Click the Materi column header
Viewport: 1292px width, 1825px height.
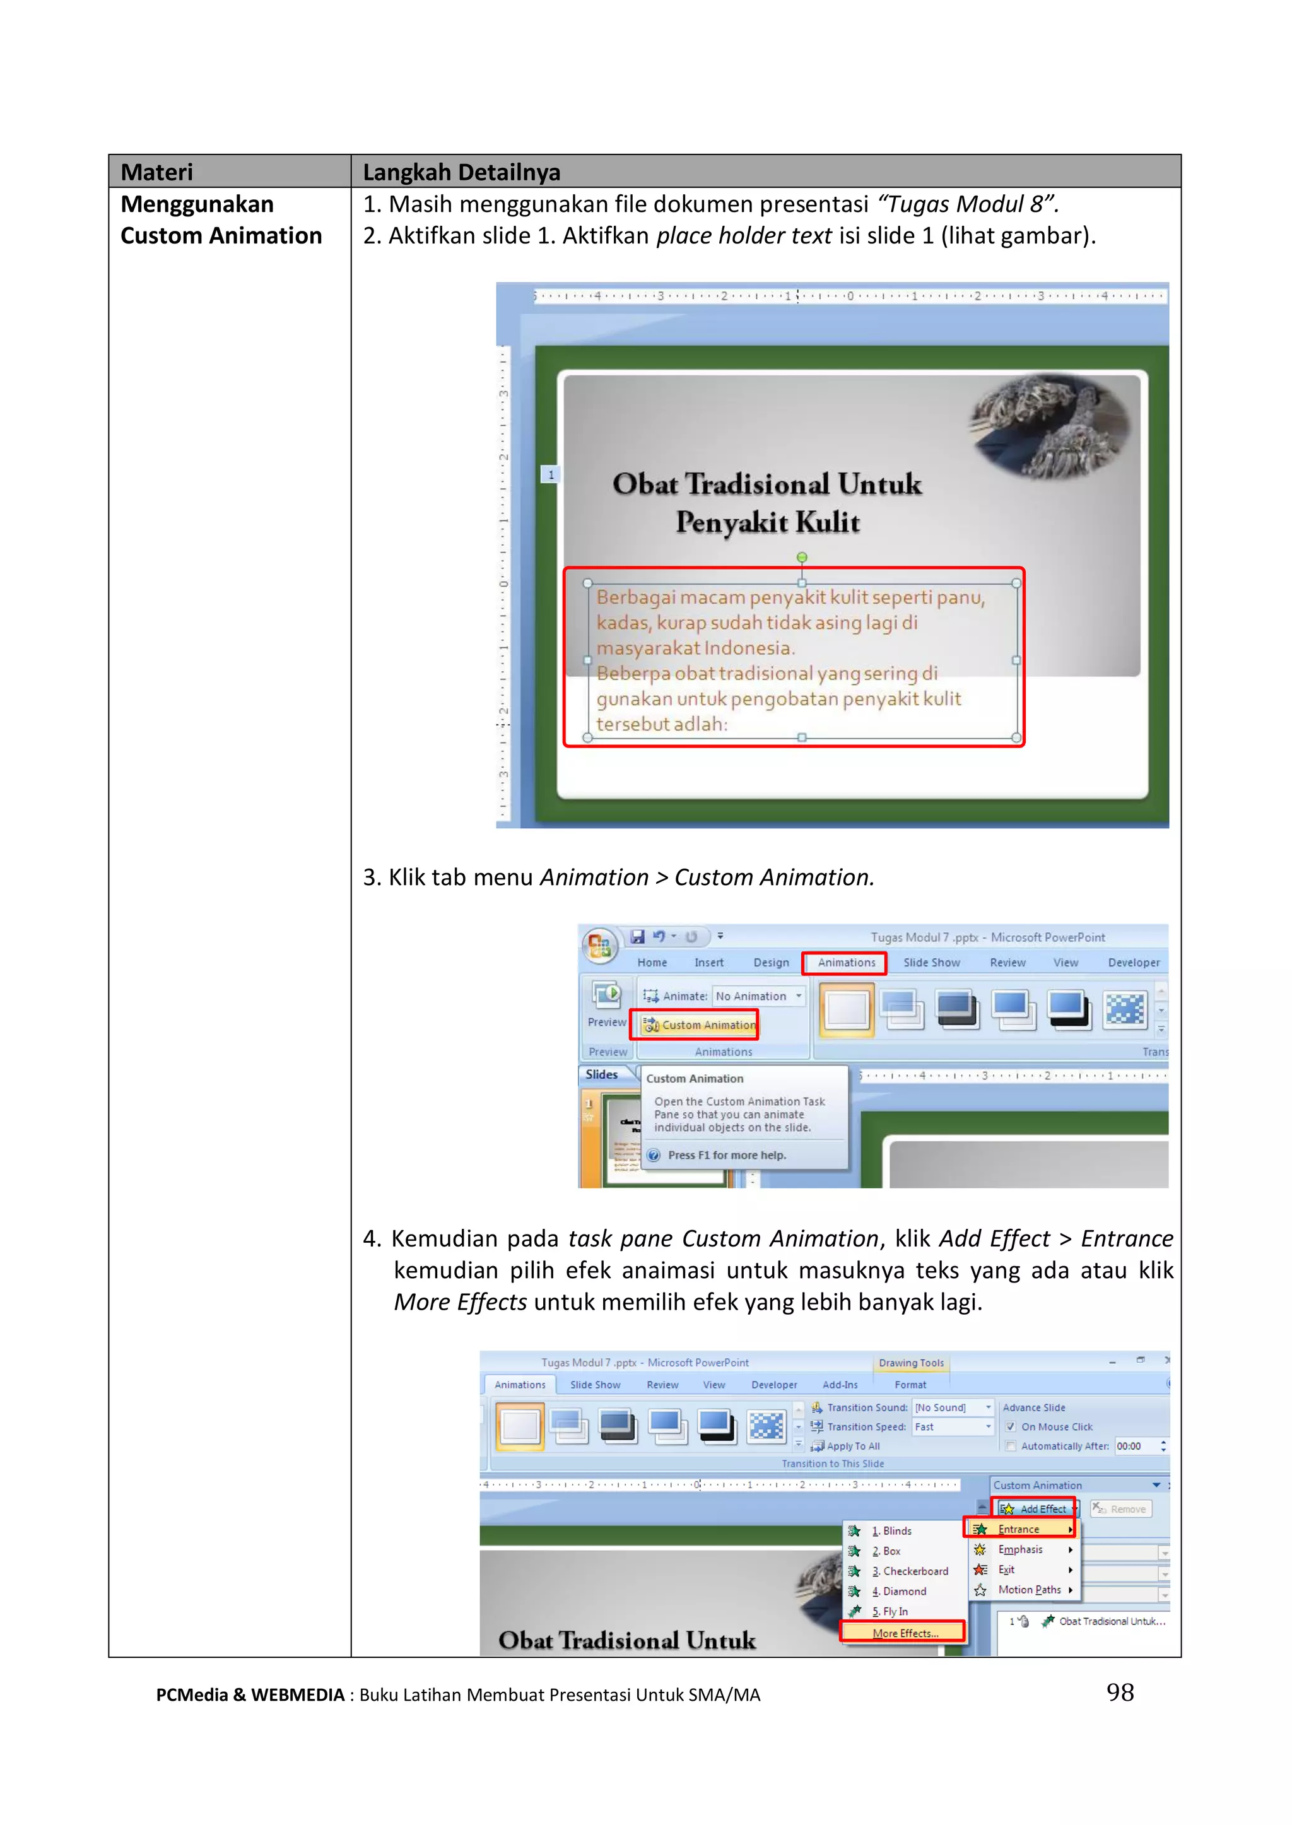point(156,172)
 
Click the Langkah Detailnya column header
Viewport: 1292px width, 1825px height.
point(461,172)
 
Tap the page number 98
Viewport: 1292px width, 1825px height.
point(1120,1691)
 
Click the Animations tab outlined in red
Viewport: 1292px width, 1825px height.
point(846,963)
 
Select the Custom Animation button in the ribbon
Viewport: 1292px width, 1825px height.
point(700,1024)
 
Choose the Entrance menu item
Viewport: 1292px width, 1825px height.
point(1019,1529)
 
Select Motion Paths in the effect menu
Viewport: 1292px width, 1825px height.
point(1029,1590)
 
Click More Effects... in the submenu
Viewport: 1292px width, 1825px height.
point(905,1633)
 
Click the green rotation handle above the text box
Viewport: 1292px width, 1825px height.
point(802,557)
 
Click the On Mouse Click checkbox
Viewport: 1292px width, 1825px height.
point(1011,1426)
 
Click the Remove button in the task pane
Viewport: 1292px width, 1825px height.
point(1122,1508)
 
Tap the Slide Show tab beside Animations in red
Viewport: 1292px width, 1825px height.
point(932,963)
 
